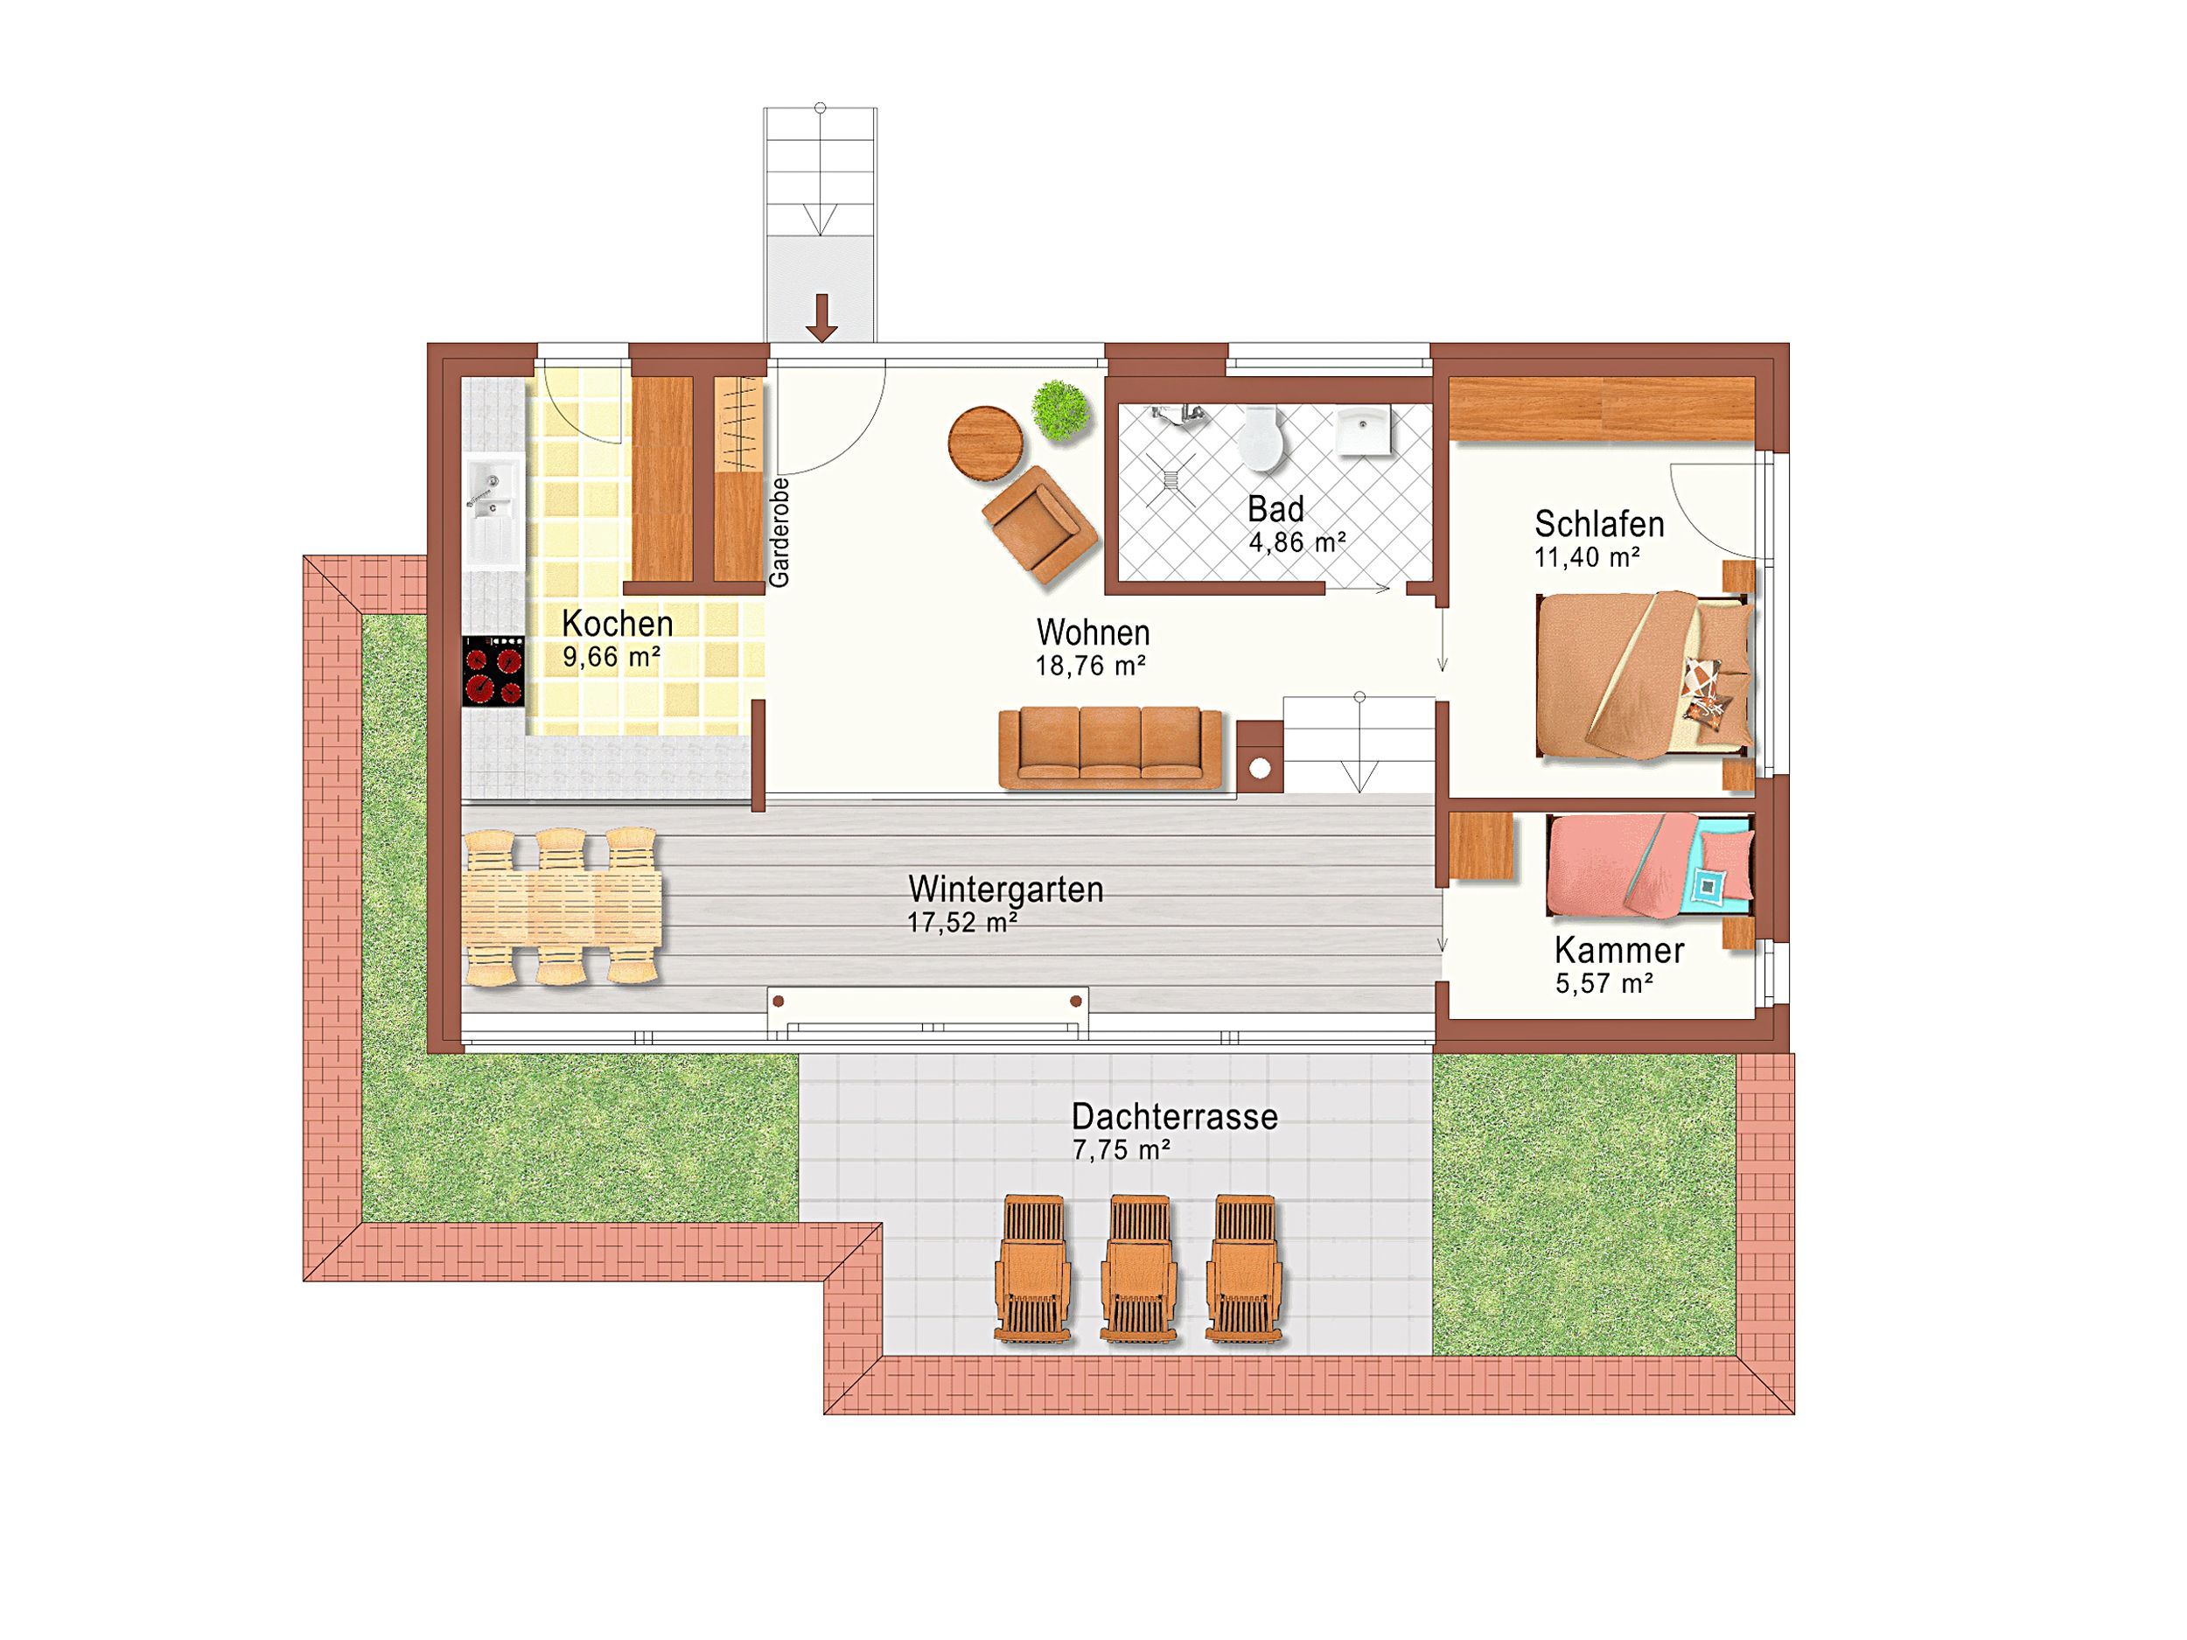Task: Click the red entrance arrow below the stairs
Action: [821, 318]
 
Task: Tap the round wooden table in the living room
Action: [986, 443]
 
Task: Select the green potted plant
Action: [1061, 410]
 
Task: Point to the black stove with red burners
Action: [493, 671]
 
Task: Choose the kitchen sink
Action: [493, 510]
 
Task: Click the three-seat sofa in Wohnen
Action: [1111, 749]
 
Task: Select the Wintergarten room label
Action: [1005, 889]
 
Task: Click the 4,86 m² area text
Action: [1297, 541]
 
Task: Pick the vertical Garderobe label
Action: [780, 533]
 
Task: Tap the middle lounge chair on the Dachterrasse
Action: [1139, 1267]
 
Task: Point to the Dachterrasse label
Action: [1175, 1117]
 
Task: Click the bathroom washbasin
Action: [1364, 431]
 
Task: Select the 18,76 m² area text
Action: [1091, 666]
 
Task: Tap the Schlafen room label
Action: [1599, 523]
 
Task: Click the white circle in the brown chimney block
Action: [1260, 768]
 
